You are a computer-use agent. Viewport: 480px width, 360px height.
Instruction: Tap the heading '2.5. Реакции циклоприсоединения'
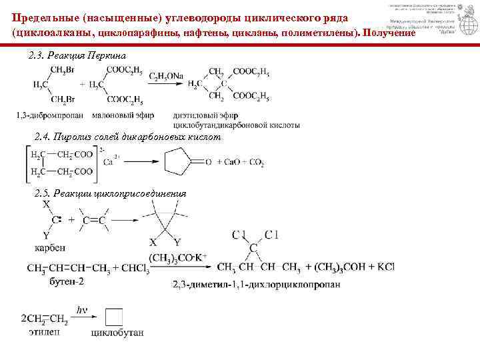110,193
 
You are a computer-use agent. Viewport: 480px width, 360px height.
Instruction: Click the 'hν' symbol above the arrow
83,309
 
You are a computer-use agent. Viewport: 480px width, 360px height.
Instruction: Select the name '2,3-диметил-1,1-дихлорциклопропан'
257,284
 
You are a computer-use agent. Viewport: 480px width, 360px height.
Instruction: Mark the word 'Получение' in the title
388,33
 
